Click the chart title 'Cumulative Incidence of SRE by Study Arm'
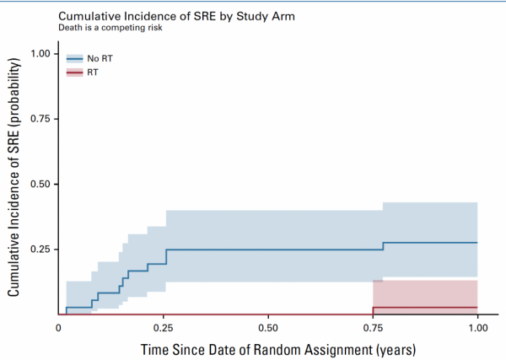(x=176, y=16)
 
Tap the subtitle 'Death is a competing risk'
(x=110, y=28)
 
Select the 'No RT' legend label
(x=100, y=58)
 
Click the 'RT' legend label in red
(x=93, y=73)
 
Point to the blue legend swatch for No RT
(x=74, y=59)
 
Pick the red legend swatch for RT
(x=74, y=73)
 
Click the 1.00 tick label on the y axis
(x=40, y=54)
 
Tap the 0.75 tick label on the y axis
(x=40, y=119)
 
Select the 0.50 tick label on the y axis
(x=40, y=184)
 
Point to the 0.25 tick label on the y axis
(x=40, y=250)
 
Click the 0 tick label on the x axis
(x=58, y=328)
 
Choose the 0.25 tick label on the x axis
(x=164, y=328)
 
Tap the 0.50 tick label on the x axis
(x=268, y=328)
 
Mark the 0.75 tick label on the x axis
(x=373, y=328)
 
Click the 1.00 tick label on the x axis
(x=478, y=328)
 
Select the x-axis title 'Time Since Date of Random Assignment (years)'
(x=278, y=350)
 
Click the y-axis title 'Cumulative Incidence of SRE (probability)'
(x=13, y=177)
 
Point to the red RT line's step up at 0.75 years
(x=373, y=310)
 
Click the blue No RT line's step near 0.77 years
(x=384, y=246)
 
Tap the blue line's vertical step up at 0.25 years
(x=166, y=257)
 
